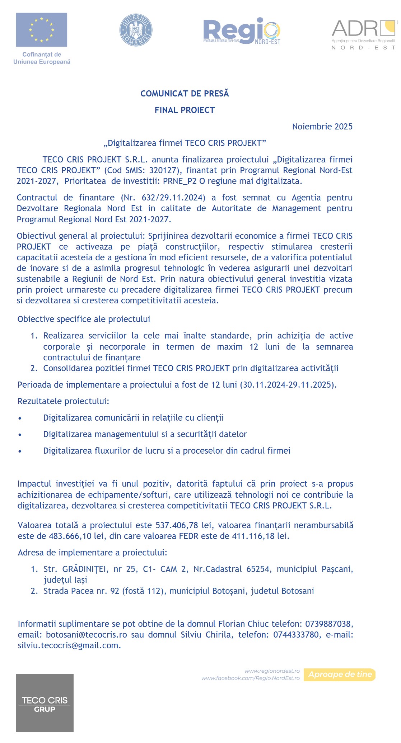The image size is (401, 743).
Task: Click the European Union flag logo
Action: tap(42, 30)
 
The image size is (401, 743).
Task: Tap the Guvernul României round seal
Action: tap(136, 30)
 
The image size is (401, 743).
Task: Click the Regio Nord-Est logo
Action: tap(242, 31)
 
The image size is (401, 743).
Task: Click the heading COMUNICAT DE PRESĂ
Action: tap(185, 94)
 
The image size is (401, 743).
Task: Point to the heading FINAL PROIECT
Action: tap(185, 110)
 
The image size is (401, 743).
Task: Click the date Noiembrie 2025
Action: tap(322, 127)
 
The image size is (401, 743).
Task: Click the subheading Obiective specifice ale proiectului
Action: tap(84, 319)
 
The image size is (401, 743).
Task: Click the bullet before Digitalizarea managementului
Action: tap(20, 435)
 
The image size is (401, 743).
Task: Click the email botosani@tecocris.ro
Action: tap(87, 634)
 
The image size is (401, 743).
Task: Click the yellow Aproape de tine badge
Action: tap(340, 675)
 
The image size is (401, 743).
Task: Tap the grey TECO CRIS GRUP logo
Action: tap(45, 703)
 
